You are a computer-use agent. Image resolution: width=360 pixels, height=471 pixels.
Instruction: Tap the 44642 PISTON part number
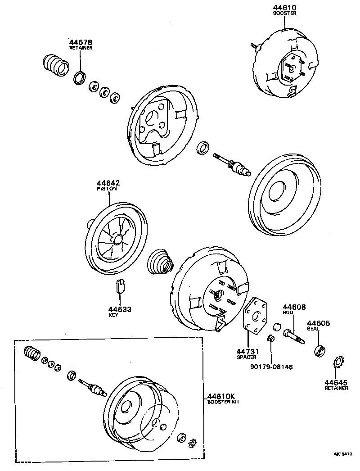point(108,183)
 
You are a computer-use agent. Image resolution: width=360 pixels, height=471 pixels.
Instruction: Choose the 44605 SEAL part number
point(319,323)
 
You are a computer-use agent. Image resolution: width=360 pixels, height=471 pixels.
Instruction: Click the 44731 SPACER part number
point(247,351)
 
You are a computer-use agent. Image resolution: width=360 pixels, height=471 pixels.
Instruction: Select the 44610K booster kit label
point(221,397)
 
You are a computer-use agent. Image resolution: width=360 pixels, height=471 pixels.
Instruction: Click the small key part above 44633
point(120,285)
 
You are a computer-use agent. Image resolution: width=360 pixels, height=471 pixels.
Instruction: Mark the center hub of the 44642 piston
point(118,240)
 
